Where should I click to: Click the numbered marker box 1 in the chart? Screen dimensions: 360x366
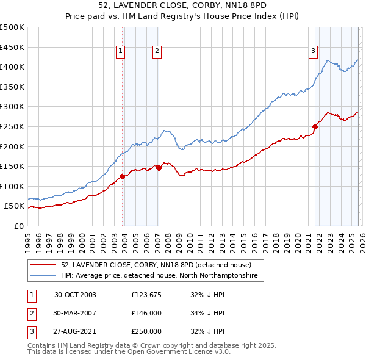click(x=120, y=52)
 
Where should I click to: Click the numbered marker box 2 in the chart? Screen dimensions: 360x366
click(x=157, y=52)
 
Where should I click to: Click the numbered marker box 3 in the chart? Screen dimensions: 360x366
click(x=313, y=52)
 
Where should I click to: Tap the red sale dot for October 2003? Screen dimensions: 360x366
click(x=123, y=176)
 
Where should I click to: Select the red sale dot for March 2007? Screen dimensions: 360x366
click(x=159, y=167)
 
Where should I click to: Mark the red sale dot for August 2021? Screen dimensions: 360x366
click(x=315, y=126)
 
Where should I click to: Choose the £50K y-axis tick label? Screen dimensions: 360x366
click(x=14, y=206)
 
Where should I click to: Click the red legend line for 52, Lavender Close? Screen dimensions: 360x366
click(x=43, y=265)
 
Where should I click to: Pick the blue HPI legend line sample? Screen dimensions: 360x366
click(x=43, y=276)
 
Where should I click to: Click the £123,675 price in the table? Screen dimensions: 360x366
click(x=146, y=295)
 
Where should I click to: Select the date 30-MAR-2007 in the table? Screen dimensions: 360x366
click(x=75, y=313)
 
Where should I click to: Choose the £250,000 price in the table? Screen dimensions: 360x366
click(x=146, y=331)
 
